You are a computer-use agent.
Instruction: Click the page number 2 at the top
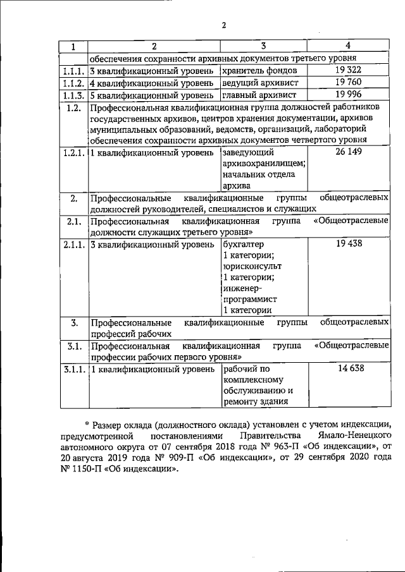click(224, 25)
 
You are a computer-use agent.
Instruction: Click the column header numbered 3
click(263, 46)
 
